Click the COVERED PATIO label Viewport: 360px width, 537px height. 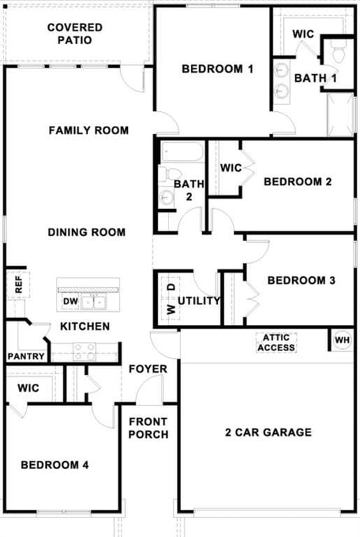(x=75, y=34)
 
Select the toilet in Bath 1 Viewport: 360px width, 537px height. (x=338, y=53)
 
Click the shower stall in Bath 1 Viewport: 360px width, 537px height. (x=341, y=114)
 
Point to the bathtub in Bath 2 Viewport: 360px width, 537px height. (x=182, y=152)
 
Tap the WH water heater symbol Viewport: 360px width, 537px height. (x=342, y=341)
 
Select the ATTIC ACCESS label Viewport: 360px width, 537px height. (x=276, y=343)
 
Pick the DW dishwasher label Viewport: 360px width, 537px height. (x=71, y=302)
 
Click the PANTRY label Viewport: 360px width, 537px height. (x=26, y=357)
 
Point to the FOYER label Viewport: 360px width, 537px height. (x=148, y=368)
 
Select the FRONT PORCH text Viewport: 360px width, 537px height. (x=148, y=428)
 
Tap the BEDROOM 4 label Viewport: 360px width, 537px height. (x=55, y=465)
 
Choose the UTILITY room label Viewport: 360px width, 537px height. (x=199, y=301)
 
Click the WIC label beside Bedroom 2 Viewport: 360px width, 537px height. (x=231, y=169)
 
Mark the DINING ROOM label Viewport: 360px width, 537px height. (x=87, y=232)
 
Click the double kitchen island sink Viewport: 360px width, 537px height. (x=93, y=302)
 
